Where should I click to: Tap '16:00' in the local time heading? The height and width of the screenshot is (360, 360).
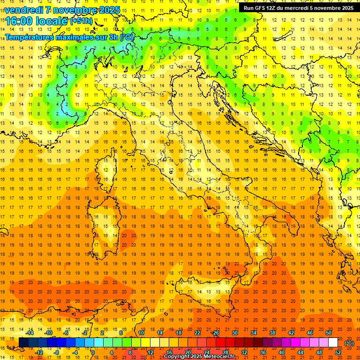(x=19, y=21)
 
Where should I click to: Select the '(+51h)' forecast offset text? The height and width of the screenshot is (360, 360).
(x=81, y=21)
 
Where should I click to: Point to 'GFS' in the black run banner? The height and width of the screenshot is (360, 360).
(x=261, y=7)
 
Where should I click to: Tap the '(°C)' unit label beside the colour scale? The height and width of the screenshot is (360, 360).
(x=349, y=343)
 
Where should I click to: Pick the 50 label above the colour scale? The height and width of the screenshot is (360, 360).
(x=329, y=333)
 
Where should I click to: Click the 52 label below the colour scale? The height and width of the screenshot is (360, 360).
(x=338, y=352)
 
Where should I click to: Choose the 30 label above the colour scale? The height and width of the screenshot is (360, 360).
(x=235, y=333)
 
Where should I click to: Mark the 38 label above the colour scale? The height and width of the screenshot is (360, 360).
(x=272, y=333)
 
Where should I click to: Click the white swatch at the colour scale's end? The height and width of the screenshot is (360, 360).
(x=333, y=343)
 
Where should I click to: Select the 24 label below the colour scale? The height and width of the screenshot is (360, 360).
(x=207, y=352)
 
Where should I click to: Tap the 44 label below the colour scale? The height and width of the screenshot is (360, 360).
(x=300, y=352)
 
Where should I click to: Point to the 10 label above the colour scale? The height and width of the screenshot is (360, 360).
(x=141, y=333)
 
